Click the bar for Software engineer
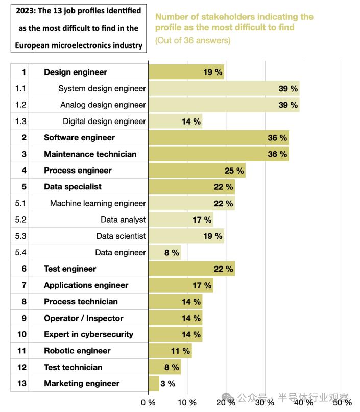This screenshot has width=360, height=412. [x=219, y=138]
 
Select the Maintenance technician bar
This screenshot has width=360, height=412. [x=219, y=154]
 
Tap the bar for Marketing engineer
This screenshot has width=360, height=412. [x=154, y=383]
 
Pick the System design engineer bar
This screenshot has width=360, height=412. [x=224, y=88]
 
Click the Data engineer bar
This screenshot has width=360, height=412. [x=164, y=252]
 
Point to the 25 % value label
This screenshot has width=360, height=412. [x=234, y=171]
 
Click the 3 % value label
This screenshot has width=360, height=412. [x=168, y=383]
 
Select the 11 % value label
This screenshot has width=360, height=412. [x=180, y=351]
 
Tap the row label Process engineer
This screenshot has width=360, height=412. [x=78, y=171]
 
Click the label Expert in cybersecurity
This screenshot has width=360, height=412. [x=88, y=334]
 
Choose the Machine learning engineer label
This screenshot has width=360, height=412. [x=98, y=203]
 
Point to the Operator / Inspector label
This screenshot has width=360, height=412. [x=84, y=318]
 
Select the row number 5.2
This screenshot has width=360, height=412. [x=20, y=220]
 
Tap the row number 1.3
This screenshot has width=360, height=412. [x=20, y=121]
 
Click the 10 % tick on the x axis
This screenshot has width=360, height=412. [x=187, y=402]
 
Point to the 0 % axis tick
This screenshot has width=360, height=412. [x=148, y=402]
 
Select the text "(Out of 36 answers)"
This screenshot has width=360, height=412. [x=193, y=40]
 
